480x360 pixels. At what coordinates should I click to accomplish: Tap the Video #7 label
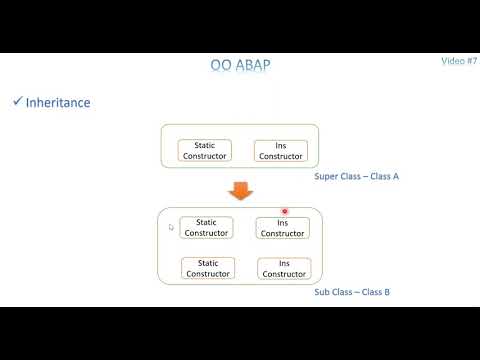[x=459, y=61]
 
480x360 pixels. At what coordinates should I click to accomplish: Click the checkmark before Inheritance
[x=17, y=102]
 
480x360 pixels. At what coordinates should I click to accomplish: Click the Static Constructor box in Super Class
[x=205, y=150]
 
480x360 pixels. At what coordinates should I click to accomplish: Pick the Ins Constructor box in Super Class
[x=280, y=150]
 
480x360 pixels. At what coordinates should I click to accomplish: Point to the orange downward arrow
[x=241, y=189]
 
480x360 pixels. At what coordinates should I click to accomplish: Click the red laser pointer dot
[x=285, y=212]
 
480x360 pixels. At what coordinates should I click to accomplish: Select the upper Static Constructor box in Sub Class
[x=207, y=228]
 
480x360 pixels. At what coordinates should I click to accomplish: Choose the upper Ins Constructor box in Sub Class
[x=283, y=228]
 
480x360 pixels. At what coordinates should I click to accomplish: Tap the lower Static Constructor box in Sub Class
[x=207, y=268]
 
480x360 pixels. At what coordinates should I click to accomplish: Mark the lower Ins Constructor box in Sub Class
[x=283, y=268]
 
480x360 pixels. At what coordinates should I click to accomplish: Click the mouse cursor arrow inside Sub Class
[x=171, y=228]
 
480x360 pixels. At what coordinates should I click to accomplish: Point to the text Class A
[x=384, y=176]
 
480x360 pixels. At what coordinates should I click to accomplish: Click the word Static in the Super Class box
[x=205, y=145]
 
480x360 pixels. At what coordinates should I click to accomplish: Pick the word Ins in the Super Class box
[x=280, y=145]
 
